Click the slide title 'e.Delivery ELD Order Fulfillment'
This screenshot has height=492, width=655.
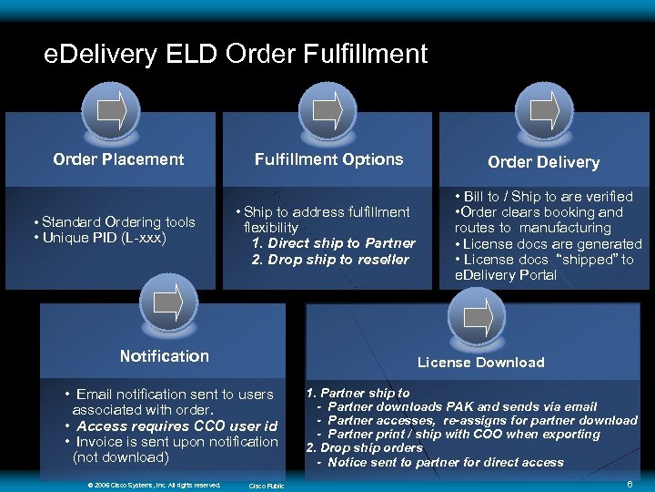(236, 55)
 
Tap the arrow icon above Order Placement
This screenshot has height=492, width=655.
(111, 111)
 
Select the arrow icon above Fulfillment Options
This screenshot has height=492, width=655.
(327, 111)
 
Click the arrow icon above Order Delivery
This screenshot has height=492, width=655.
(543, 111)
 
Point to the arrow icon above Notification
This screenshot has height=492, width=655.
(166, 302)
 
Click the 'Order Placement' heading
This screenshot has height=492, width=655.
(118, 159)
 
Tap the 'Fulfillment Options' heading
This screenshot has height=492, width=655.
(328, 159)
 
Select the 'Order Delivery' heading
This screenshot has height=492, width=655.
(543, 162)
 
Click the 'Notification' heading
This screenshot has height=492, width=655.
(165, 356)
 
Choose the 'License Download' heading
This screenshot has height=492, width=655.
(480, 363)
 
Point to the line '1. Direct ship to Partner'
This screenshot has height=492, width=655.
(333, 243)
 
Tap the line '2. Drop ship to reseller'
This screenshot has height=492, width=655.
(330, 260)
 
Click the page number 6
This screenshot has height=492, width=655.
(630, 484)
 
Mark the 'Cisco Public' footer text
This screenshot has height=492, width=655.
(267, 486)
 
